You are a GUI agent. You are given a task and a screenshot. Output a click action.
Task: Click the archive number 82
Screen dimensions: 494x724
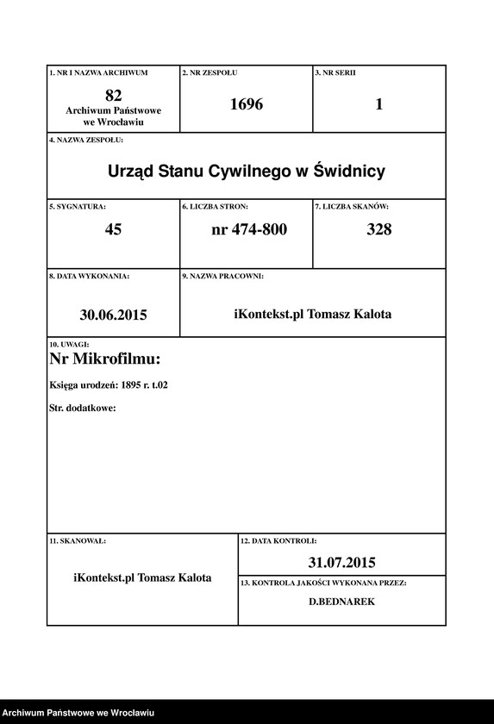[x=113, y=95]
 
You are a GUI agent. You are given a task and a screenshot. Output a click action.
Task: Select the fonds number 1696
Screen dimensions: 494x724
[x=246, y=105]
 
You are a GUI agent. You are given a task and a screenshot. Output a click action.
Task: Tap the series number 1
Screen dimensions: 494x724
[x=378, y=105]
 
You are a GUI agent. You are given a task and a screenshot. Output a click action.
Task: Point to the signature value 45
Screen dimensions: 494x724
[x=113, y=229]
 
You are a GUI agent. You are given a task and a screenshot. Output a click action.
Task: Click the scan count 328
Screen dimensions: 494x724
[x=378, y=229]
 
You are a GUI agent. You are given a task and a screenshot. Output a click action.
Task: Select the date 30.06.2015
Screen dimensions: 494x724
[x=113, y=315]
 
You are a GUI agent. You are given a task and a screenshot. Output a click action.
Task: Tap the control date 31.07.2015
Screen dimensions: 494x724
[x=341, y=563]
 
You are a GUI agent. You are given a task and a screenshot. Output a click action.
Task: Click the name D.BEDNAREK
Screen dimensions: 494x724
[x=341, y=602]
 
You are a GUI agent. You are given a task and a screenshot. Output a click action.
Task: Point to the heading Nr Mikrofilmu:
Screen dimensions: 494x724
[x=105, y=359]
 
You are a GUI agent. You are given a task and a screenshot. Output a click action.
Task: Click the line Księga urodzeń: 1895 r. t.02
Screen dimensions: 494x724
[x=109, y=384]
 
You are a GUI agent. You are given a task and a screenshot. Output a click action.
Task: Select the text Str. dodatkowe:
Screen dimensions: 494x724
[x=83, y=407]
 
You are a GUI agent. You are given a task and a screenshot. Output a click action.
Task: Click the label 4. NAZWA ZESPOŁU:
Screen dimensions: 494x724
[x=86, y=139]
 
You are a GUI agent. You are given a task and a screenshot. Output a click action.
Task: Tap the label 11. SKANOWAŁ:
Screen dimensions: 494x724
[x=78, y=540]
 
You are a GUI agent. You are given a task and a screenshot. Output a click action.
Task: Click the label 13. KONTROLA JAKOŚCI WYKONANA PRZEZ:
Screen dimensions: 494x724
[x=323, y=583]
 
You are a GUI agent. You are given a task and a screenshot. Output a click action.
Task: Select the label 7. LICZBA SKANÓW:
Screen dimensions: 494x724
[x=352, y=207]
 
